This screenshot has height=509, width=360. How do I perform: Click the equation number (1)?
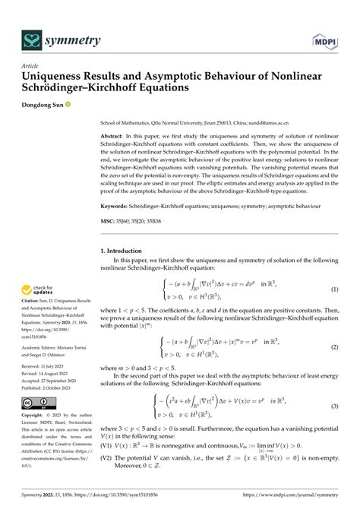[333, 290]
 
